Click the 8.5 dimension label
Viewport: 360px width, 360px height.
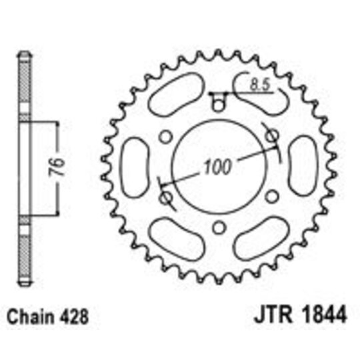260,85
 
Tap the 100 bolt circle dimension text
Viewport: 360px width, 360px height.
217,166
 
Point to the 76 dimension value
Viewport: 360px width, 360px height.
57,167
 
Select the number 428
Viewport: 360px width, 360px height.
74,317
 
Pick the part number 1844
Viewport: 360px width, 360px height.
324,314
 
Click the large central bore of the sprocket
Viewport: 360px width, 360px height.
220,167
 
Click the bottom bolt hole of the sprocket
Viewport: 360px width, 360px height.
219,227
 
